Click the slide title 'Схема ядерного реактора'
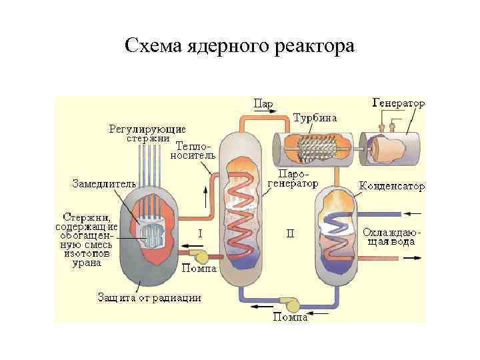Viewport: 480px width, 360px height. point(240,47)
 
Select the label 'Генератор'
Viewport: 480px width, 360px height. point(399,105)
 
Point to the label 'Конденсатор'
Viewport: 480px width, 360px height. point(391,186)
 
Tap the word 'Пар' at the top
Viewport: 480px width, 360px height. point(262,104)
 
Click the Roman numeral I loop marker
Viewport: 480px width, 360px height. point(200,233)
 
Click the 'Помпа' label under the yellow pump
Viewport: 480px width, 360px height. point(198,269)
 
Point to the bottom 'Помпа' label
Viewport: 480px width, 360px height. point(290,318)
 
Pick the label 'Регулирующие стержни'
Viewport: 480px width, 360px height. point(147,133)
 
